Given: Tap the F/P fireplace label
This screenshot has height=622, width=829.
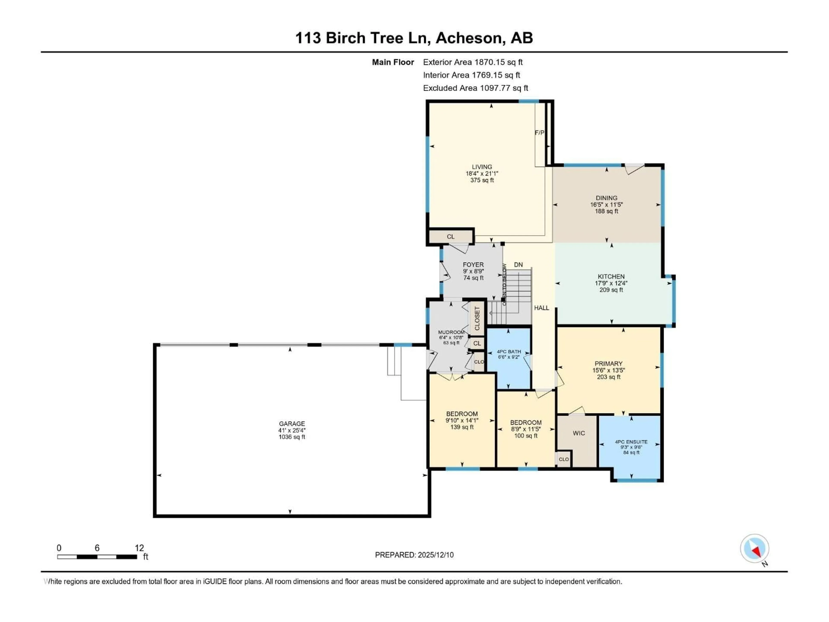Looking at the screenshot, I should (539, 133).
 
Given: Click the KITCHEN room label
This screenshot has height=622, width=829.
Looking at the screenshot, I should (611, 276).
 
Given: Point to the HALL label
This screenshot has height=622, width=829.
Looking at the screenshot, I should (541, 308).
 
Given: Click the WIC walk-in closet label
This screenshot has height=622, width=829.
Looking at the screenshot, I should (578, 433).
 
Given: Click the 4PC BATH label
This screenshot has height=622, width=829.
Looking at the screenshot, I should (509, 352).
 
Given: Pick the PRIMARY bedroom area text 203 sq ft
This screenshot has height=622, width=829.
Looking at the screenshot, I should (608, 377).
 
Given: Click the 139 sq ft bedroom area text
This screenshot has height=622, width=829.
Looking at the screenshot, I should (462, 427).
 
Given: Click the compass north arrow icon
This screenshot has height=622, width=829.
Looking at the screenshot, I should (755, 549).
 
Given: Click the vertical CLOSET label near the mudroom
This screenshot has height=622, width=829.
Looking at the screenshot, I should (477, 318).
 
